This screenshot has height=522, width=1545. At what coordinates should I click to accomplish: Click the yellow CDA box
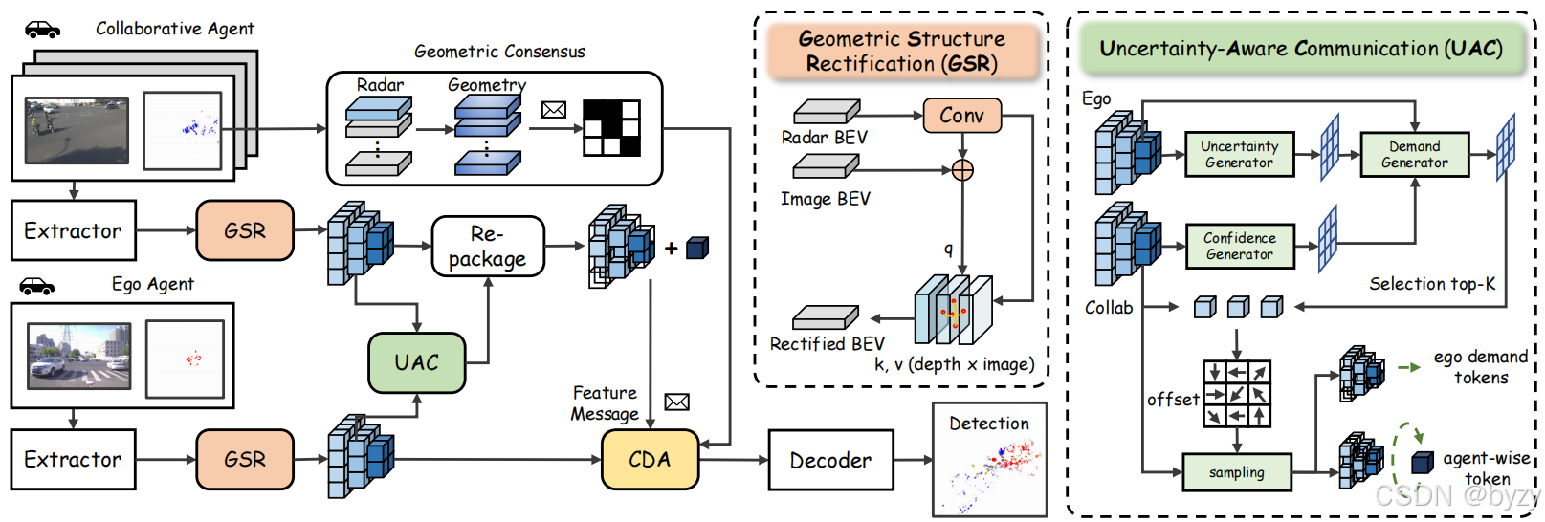tap(650, 460)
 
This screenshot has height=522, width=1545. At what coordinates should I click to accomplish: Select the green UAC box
tap(416, 362)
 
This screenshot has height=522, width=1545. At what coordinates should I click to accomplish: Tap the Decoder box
tap(830, 461)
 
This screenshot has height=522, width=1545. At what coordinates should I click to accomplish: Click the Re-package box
tap(488, 247)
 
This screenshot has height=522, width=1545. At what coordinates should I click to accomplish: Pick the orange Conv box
tap(961, 116)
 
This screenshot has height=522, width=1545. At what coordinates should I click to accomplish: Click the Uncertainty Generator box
tap(1239, 154)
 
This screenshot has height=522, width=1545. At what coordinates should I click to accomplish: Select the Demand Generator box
tap(1414, 154)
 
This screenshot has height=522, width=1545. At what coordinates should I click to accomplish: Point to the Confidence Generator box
tap(1239, 246)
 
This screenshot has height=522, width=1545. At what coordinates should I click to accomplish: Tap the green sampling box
tap(1236, 472)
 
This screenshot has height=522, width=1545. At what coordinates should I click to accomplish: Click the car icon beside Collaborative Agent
tap(42, 30)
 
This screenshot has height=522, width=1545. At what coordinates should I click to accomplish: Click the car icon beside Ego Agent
tap(37, 286)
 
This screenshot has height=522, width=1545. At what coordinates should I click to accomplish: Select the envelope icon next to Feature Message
tap(676, 402)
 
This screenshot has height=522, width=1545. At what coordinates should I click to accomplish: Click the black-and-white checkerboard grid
tap(611, 127)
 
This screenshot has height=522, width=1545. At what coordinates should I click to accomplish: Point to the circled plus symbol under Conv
tap(962, 170)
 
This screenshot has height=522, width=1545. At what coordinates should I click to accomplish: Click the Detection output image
tap(989, 460)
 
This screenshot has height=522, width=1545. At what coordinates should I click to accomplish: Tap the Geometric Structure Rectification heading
tap(901, 52)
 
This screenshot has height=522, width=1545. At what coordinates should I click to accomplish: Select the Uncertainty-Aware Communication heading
tap(1300, 49)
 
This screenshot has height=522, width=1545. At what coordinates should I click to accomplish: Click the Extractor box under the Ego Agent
tap(74, 460)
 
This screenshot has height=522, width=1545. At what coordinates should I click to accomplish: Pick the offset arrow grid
tap(1236, 393)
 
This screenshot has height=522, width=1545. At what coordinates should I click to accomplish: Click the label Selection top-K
tap(1431, 284)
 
